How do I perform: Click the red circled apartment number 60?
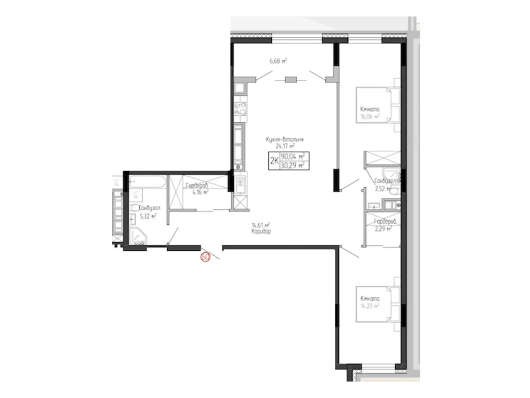tap(205, 257)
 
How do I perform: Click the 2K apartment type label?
tap(274, 161)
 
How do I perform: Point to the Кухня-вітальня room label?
tap(285, 140)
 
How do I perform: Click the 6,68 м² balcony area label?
tap(278, 61)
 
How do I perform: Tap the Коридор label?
tap(261, 232)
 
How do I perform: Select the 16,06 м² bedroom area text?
tap(370, 116)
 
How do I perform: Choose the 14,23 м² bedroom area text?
tap(370, 306)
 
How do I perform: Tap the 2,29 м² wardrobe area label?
tap(383, 229)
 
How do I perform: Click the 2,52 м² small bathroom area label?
tap(382, 189)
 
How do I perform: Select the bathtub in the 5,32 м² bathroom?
tap(147, 181)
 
